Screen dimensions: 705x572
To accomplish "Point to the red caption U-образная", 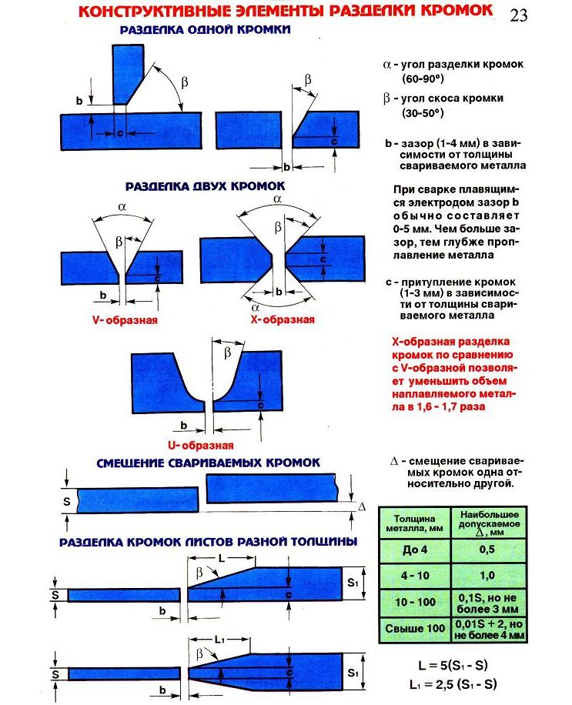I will [200, 445].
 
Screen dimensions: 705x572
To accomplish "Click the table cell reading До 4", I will [414, 549].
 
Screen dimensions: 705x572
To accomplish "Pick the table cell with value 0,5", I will [488, 549].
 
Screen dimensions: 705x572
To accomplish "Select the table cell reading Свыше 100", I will [414, 628].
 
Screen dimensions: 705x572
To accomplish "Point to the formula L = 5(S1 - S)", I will [453, 666].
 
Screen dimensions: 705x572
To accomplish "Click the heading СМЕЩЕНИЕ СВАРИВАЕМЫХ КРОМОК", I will [208, 463].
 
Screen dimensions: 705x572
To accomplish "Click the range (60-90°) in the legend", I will [423, 79].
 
